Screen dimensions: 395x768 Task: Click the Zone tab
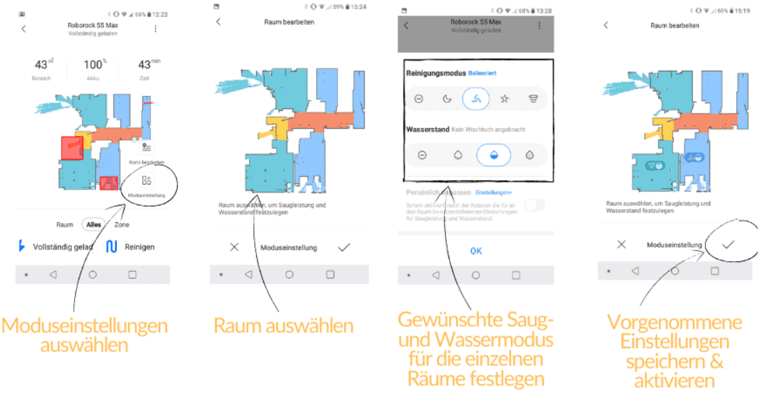121,224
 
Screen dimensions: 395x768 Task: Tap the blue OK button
476,251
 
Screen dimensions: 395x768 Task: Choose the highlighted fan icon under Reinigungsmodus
476,99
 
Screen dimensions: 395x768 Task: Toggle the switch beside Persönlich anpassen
535,205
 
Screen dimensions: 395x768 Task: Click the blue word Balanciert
483,73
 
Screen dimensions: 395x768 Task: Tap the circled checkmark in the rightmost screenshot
728,245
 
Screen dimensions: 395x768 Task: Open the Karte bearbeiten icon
146,148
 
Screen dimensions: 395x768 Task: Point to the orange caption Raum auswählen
283,326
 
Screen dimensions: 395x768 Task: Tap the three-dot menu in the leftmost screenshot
155,29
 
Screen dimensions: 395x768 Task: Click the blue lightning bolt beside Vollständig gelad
22,246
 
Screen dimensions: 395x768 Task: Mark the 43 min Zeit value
144,65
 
